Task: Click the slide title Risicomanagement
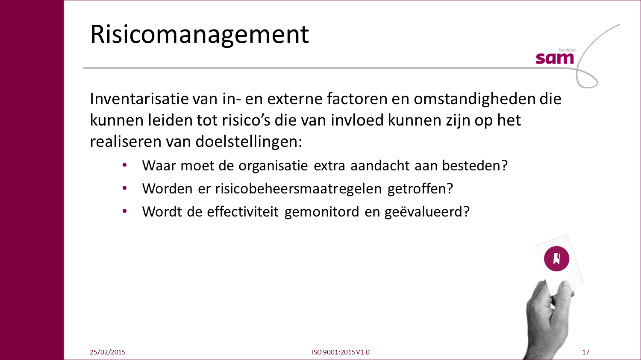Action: click(x=200, y=35)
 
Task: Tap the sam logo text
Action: click(x=555, y=59)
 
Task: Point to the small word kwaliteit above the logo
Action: click(x=567, y=50)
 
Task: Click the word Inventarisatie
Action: click(x=139, y=99)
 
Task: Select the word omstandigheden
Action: click(x=474, y=99)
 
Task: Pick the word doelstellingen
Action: click(x=249, y=142)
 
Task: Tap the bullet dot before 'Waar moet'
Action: click(x=124, y=165)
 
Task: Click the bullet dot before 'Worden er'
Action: click(x=124, y=188)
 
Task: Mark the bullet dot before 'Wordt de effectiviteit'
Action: click(x=124, y=211)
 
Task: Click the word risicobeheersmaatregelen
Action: click(x=298, y=189)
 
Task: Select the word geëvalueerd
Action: click(x=427, y=212)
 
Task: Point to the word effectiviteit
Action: click(x=243, y=211)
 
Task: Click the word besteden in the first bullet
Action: click(x=475, y=166)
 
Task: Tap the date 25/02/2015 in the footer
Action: click(x=107, y=352)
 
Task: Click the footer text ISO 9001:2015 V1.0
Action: click(x=341, y=352)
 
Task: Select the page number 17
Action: click(x=585, y=352)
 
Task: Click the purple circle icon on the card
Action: click(x=556, y=259)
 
